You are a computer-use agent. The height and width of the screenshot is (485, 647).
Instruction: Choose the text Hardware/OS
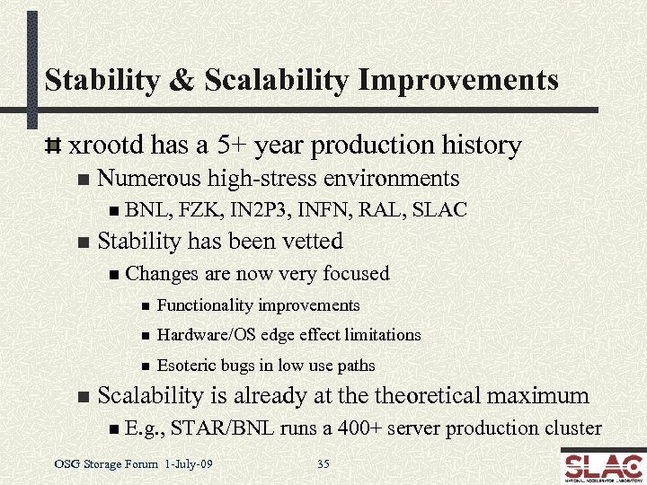[202, 335]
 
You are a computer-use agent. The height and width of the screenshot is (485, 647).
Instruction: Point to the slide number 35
[324, 464]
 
